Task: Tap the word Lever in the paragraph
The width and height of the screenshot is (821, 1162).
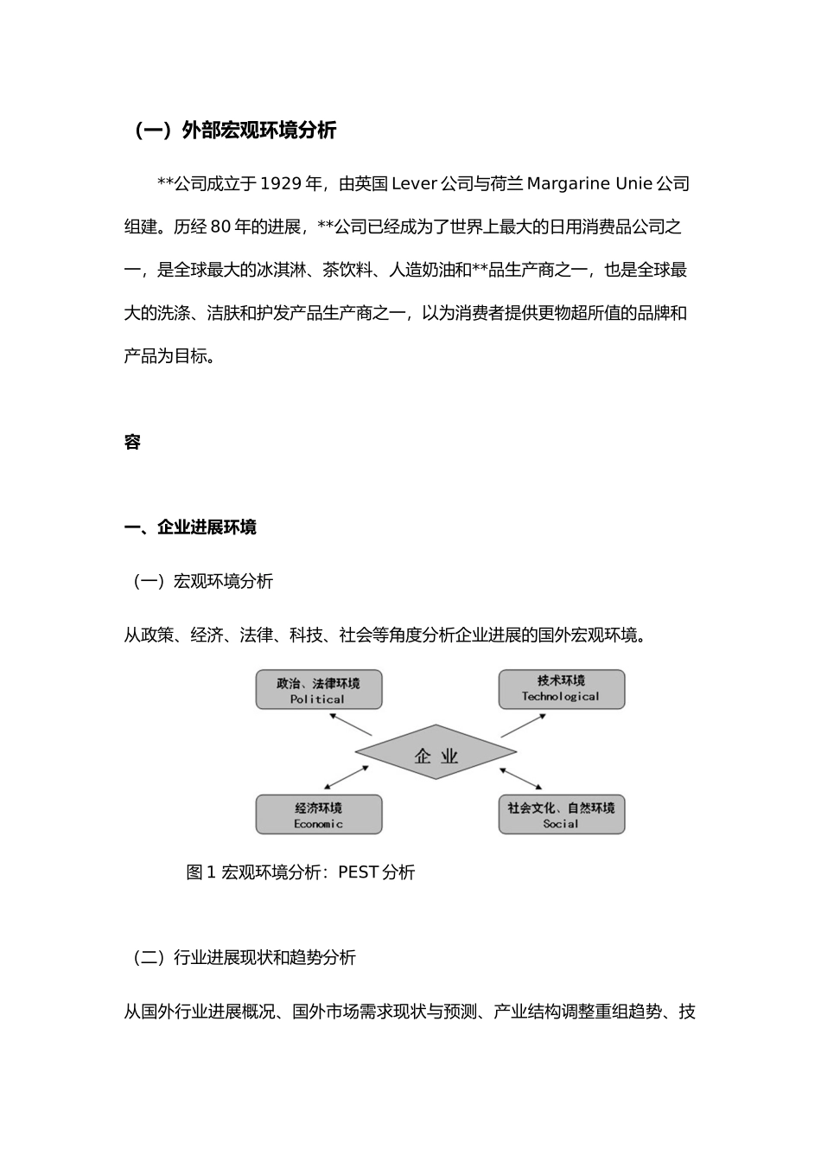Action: (x=414, y=184)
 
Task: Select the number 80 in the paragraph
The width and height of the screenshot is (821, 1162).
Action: (x=220, y=227)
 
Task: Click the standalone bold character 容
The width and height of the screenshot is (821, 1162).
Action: (x=132, y=443)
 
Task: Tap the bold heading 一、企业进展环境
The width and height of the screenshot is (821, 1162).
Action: (x=190, y=527)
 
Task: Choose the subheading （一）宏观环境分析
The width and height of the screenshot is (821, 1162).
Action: (x=200, y=582)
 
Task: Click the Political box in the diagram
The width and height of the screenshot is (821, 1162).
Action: (x=318, y=690)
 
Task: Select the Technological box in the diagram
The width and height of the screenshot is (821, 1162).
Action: (x=561, y=690)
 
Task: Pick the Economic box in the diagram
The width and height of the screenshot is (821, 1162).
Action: (x=318, y=814)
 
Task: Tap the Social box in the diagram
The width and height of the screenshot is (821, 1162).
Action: (x=561, y=814)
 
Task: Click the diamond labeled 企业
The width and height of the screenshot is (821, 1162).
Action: (x=436, y=752)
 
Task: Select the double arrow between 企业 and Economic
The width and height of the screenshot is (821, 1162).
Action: (x=346, y=777)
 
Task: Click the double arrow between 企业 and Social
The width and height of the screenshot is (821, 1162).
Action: (x=520, y=777)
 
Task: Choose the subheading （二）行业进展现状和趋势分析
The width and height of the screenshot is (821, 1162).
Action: (x=242, y=958)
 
